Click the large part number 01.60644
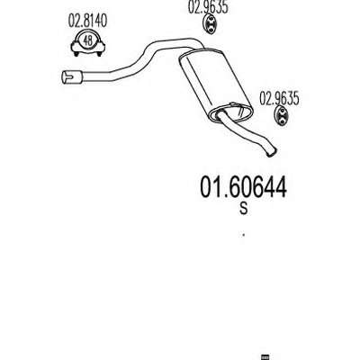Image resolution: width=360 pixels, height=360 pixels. (x=243, y=187)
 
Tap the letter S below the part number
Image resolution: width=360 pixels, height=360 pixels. (x=244, y=209)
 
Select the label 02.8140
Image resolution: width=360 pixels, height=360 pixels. (x=87, y=21)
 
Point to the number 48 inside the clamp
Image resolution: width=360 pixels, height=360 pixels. (x=88, y=40)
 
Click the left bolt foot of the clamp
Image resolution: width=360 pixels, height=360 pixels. (x=76, y=54)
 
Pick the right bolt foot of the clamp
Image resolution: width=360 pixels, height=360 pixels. (x=99, y=54)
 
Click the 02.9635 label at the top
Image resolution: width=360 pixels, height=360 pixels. (x=208, y=7)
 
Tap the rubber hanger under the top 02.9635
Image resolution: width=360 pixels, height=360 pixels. (x=210, y=24)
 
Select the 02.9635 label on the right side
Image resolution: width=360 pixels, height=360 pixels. (x=279, y=99)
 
